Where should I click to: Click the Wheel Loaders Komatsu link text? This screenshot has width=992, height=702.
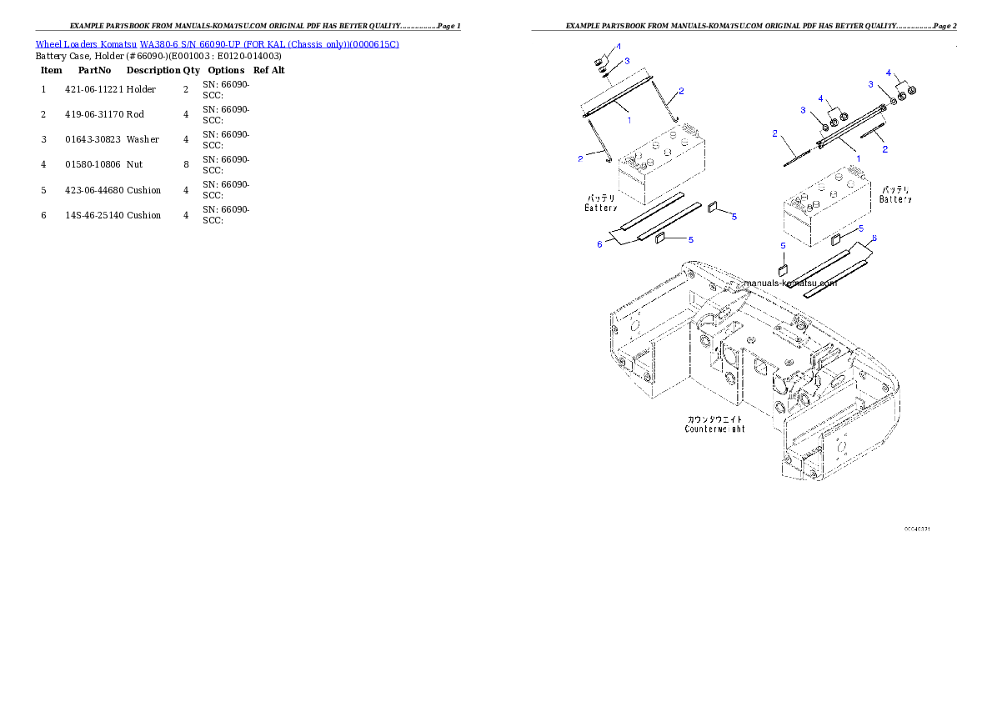point(217,43)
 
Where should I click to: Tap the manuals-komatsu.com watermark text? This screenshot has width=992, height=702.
point(789,283)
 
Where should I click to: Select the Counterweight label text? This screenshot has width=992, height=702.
point(714,424)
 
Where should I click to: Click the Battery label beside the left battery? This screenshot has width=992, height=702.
point(600,203)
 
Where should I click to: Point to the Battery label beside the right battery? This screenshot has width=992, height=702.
point(895,194)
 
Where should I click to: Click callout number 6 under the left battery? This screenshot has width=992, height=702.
point(599,244)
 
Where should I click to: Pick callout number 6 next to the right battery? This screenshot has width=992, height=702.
point(874,238)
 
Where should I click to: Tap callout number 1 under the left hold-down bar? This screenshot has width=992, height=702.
point(629,120)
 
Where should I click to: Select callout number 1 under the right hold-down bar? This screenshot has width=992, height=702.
point(858,158)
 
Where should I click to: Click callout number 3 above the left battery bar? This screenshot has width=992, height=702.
point(627,61)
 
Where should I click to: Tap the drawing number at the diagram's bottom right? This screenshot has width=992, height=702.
point(917,529)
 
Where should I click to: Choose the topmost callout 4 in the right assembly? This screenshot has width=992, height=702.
point(889,73)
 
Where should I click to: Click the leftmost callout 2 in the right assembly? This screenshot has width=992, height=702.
point(775,133)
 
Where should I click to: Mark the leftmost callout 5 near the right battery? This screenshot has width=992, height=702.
point(783,246)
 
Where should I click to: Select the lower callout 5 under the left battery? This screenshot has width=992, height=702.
point(691,240)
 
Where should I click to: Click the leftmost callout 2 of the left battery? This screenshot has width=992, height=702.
point(580,158)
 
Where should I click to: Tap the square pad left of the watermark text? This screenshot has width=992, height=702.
point(783,269)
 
